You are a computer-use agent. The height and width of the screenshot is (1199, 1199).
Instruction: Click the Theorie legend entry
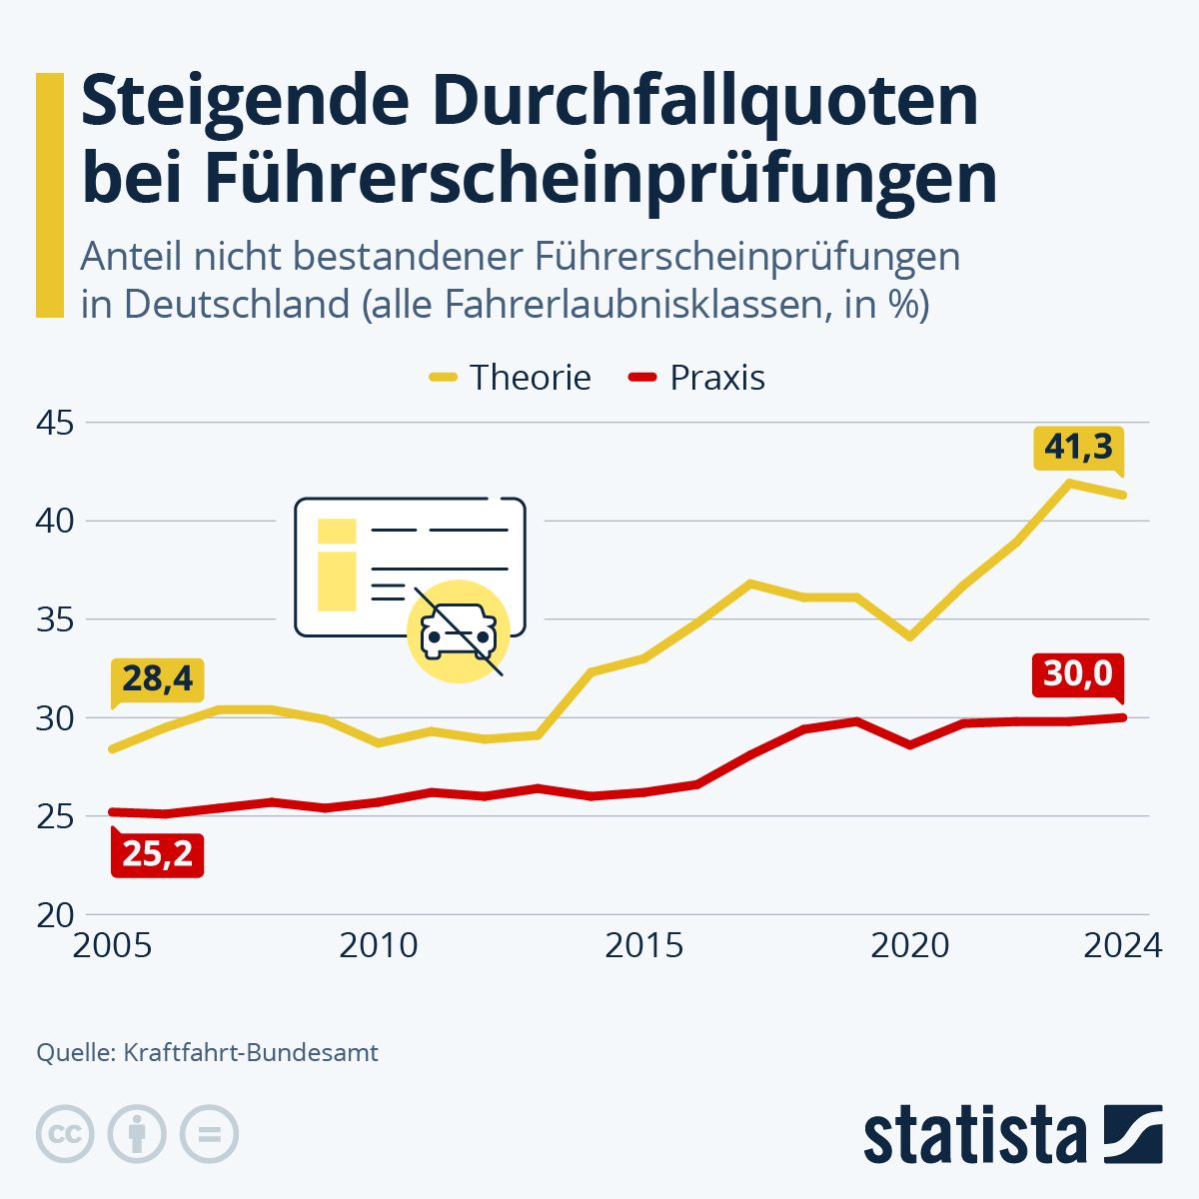(x=511, y=378)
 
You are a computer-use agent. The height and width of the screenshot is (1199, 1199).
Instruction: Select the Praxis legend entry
(x=697, y=378)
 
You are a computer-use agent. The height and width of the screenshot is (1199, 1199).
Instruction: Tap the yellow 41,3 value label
(x=1078, y=447)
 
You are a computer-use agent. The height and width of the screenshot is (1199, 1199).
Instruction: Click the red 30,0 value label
(x=1078, y=674)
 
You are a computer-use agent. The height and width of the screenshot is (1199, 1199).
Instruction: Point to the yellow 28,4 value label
(x=157, y=678)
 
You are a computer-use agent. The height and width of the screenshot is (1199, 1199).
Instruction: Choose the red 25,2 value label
(x=157, y=854)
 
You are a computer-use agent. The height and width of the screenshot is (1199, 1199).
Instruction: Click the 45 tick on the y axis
(x=54, y=423)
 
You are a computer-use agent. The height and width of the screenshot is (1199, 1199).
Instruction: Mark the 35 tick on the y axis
(x=54, y=620)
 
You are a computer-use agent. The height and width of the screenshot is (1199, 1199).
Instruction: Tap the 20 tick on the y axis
(x=54, y=915)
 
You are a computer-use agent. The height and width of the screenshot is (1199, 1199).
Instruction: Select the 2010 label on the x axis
(x=379, y=945)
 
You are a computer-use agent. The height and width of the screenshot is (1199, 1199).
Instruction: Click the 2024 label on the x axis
(x=1123, y=945)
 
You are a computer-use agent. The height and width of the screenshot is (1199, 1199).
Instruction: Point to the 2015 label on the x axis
(x=644, y=945)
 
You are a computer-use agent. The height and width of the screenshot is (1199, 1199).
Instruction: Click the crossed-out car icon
(x=459, y=632)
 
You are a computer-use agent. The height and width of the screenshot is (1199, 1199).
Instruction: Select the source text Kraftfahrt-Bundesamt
(x=251, y=1052)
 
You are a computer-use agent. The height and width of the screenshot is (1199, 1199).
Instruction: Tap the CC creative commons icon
(x=65, y=1134)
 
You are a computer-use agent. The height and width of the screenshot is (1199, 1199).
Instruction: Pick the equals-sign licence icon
(x=209, y=1134)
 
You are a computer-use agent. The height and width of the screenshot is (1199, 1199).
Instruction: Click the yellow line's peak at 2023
(x=1070, y=483)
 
